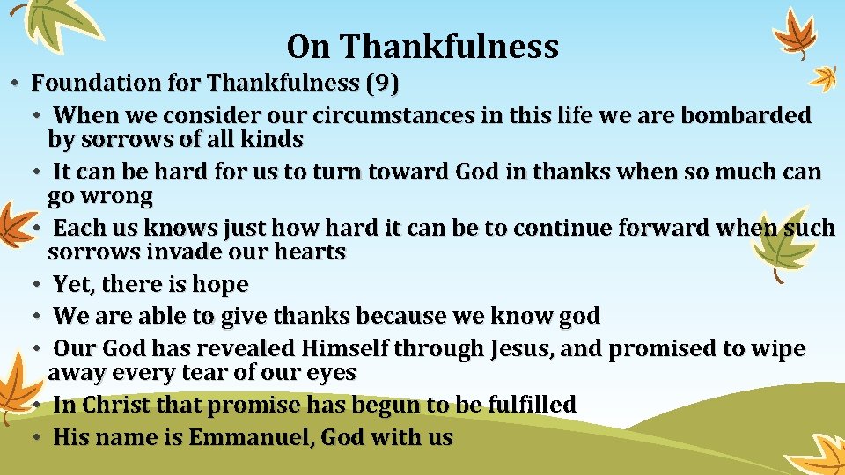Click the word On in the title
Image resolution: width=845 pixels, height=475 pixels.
click(x=307, y=46)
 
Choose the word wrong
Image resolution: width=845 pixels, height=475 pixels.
click(x=115, y=194)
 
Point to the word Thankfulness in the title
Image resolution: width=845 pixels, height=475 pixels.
click(x=450, y=46)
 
